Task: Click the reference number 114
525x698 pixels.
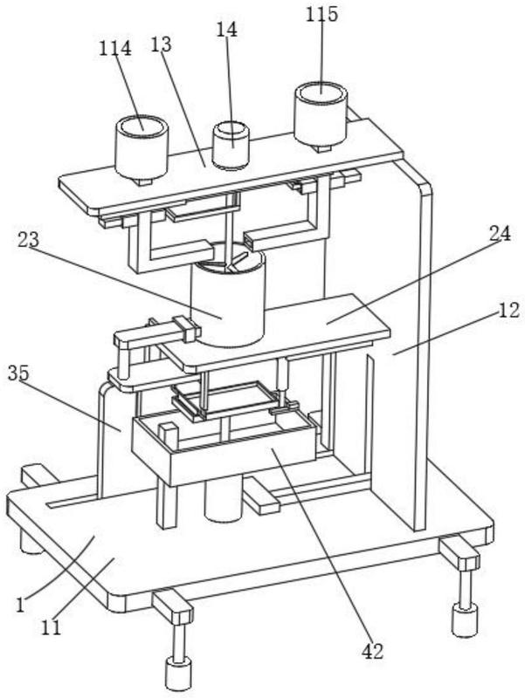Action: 115,48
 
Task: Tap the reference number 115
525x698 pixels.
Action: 321,14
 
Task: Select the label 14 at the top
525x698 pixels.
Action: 227,30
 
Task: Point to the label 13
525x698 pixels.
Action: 161,44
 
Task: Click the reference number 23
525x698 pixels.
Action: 29,240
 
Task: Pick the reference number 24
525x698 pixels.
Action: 500,233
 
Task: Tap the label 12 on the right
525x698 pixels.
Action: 508,310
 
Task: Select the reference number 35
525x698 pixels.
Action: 18,373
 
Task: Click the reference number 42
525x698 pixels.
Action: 372,652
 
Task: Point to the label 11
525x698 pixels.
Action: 51,627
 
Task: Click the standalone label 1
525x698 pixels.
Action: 19,606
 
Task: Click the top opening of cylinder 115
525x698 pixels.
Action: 321,93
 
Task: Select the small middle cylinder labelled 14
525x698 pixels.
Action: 231,145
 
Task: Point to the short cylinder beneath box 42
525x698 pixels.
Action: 223,498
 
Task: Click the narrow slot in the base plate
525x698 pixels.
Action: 73,503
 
